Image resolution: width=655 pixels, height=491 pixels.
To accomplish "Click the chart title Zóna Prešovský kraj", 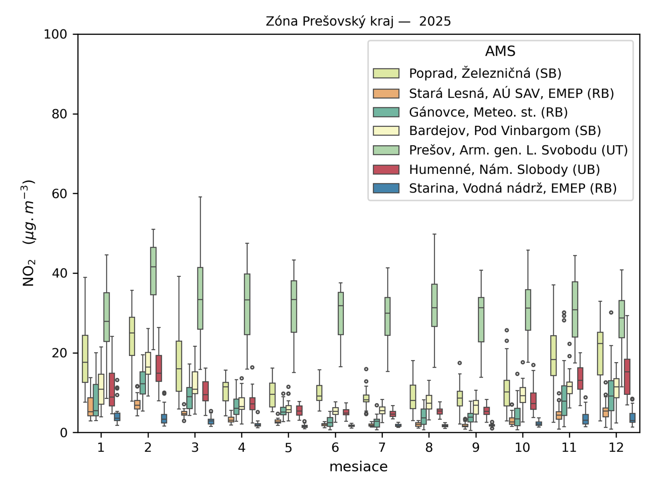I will pyautogui.click(x=358, y=21).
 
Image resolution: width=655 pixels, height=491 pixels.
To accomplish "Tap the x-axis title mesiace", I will pyautogui.click(x=358, y=466).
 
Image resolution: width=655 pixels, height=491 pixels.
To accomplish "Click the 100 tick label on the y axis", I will pyautogui.click(x=55, y=34).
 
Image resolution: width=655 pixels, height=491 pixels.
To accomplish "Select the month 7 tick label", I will pyautogui.click(x=382, y=448).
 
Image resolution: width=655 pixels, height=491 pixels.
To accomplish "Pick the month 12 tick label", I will pyautogui.click(x=616, y=448).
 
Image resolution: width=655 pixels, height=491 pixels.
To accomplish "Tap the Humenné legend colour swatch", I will pyautogui.click(x=386, y=169).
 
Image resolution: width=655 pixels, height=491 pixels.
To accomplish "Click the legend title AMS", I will pyautogui.click(x=500, y=51).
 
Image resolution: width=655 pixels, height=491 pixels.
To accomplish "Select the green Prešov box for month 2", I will pyautogui.click(x=153, y=271).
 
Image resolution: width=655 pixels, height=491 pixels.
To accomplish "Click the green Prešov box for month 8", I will pyautogui.click(x=434, y=305).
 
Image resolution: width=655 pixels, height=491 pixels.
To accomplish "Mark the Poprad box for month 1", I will pyautogui.click(x=85, y=359).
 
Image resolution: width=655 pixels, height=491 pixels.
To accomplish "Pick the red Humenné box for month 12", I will pyautogui.click(x=627, y=376).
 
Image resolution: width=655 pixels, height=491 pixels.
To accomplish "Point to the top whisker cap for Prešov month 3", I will pyautogui.click(x=200, y=197).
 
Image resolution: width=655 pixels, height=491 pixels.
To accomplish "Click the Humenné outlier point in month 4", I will pyautogui.click(x=252, y=367).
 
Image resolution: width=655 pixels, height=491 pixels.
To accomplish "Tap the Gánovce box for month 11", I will pyautogui.click(x=564, y=400).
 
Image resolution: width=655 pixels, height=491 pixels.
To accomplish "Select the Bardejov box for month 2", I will pyautogui.click(x=148, y=363).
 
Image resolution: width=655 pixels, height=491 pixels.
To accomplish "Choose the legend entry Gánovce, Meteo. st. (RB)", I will pyautogui.click(x=488, y=112).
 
